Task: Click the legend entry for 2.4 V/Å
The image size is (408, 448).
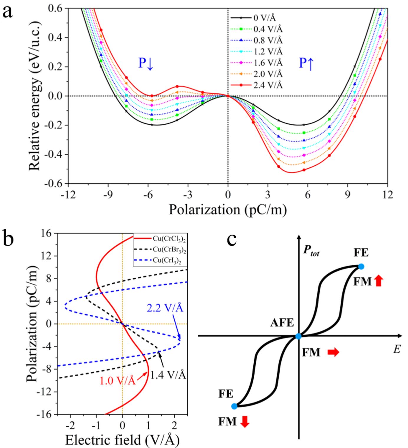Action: pyautogui.click(x=267, y=85)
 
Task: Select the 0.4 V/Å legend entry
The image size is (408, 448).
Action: pyautogui.click(x=267, y=29)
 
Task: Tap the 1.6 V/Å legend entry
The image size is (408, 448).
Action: pyautogui.click(x=267, y=62)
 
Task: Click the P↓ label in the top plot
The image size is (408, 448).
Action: pyautogui.click(x=146, y=63)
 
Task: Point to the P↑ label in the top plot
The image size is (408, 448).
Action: pyautogui.click(x=307, y=63)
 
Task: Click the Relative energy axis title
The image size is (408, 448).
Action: pyautogui.click(x=35, y=96)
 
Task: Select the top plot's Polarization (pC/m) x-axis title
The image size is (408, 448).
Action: pyautogui.click(x=228, y=210)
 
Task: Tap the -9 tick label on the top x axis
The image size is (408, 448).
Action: pyautogui.click(x=108, y=195)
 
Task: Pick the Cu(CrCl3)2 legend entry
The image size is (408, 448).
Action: pyautogui.click(x=169, y=239)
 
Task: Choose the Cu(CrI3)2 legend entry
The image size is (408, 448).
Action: pyautogui.click(x=167, y=260)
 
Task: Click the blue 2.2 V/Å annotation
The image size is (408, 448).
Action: pyautogui.click(x=165, y=308)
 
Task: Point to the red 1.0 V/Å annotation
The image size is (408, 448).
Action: pyautogui.click(x=117, y=381)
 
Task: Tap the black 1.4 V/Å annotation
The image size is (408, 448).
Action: pyautogui.click(x=168, y=375)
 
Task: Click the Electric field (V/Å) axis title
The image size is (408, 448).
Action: pyautogui.click(x=122, y=440)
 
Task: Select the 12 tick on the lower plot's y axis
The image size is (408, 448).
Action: pyautogui.click(x=46, y=256)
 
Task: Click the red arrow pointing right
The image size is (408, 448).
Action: pyautogui.click(x=333, y=352)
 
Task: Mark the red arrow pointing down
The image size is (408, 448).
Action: pyautogui.click(x=245, y=422)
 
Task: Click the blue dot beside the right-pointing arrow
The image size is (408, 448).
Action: pyautogui.click(x=298, y=336)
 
